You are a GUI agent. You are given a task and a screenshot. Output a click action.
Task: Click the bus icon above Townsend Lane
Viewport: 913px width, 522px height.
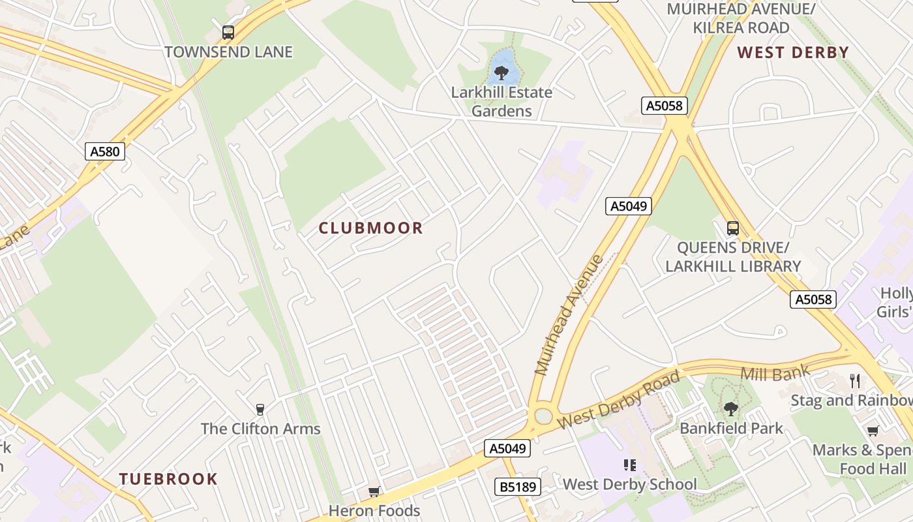tap(228, 32)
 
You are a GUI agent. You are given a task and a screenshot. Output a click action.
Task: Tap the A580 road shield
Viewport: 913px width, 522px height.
tap(105, 152)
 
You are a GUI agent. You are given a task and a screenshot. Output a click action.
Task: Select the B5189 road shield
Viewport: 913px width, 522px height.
tap(518, 486)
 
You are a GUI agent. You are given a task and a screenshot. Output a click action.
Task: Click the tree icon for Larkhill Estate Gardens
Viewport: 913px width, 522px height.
tap(501, 72)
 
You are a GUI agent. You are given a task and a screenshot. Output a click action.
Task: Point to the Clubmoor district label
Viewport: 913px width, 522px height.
tap(370, 228)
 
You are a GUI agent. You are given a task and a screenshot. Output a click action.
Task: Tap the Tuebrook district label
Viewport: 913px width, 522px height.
tap(168, 479)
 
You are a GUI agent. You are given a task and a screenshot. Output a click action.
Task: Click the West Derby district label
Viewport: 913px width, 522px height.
tap(793, 53)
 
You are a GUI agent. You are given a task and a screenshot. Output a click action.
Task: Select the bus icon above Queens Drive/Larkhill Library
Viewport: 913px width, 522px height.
tap(733, 228)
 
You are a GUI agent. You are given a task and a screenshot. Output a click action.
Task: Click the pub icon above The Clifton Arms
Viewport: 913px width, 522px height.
tap(260, 410)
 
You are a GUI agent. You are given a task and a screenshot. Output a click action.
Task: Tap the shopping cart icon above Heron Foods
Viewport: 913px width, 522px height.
tap(374, 491)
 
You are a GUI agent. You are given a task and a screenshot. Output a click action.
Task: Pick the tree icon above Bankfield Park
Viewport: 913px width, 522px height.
tap(731, 409)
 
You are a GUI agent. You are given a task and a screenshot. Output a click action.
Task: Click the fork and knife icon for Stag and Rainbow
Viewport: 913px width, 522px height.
tap(855, 381)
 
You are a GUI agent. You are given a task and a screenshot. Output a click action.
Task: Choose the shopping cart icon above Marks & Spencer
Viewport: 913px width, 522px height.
tap(873, 431)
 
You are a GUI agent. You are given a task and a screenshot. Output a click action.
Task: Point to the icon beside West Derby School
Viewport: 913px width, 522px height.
tap(629, 465)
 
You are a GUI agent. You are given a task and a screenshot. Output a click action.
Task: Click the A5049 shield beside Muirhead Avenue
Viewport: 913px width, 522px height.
tap(629, 206)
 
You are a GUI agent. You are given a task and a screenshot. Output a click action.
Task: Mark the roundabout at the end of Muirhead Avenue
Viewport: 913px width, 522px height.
tap(543, 416)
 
